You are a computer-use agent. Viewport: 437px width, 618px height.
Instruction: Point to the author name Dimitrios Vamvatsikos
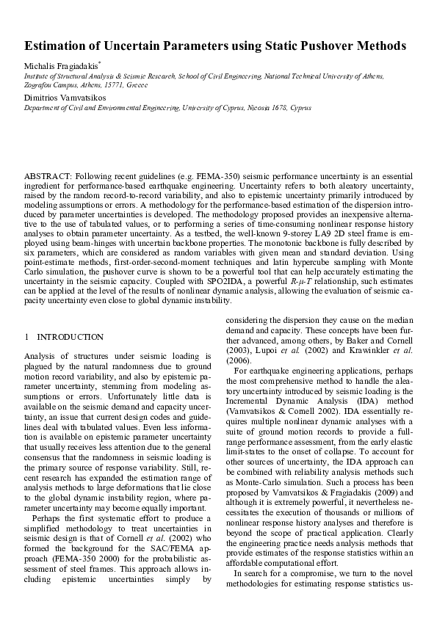(64, 97)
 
